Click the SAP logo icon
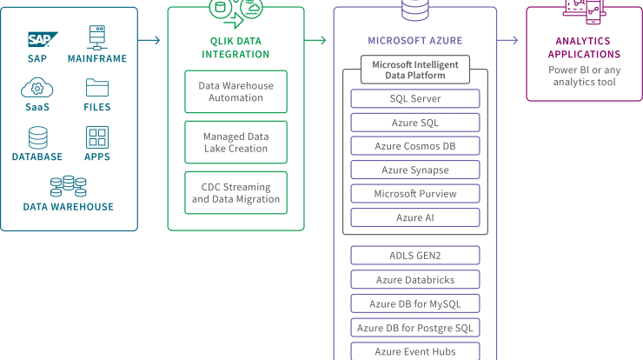(43, 39)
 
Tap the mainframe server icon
(97, 37)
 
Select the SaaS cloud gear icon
(36, 88)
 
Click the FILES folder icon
(97, 88)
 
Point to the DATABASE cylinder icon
(37, 137)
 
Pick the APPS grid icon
(97, 137)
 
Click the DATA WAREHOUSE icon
(68, 186)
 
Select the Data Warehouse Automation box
(235, 91)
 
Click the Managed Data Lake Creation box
(235, 142)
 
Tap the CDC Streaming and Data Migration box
(235, 193)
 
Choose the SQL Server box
(415, 98)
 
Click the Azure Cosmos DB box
(415, 146)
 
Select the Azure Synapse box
(415, 170)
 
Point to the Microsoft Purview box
(415, 194)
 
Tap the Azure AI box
(415, 217)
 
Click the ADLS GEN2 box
(415, 256)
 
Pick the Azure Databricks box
(415, 279)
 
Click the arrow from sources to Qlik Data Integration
(149, 40)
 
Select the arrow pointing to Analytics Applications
(507, 40)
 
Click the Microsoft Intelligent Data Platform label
(415, 70)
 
